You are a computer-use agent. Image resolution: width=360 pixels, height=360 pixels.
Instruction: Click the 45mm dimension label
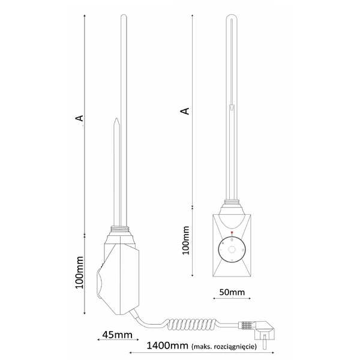pos(118,335)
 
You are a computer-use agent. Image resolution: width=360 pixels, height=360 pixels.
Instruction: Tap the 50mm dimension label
pos(232,292)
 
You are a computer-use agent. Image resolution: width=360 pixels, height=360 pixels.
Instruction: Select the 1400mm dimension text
pos(167,346)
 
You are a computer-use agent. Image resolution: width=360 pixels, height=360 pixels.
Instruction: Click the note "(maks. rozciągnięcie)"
pos(224,346)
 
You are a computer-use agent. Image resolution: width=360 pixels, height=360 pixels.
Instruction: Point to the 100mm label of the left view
pos(80,272)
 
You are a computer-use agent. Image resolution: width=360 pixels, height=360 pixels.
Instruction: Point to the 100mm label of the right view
pos(186,241)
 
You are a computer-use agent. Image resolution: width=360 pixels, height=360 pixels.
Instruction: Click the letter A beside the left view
pos(79,118)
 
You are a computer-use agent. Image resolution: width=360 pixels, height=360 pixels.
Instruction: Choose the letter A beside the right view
pos(185,111)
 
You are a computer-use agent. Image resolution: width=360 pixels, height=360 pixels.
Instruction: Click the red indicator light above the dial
pos(232,233)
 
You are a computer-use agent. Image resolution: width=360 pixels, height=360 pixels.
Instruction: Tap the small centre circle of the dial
pos(232,250)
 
